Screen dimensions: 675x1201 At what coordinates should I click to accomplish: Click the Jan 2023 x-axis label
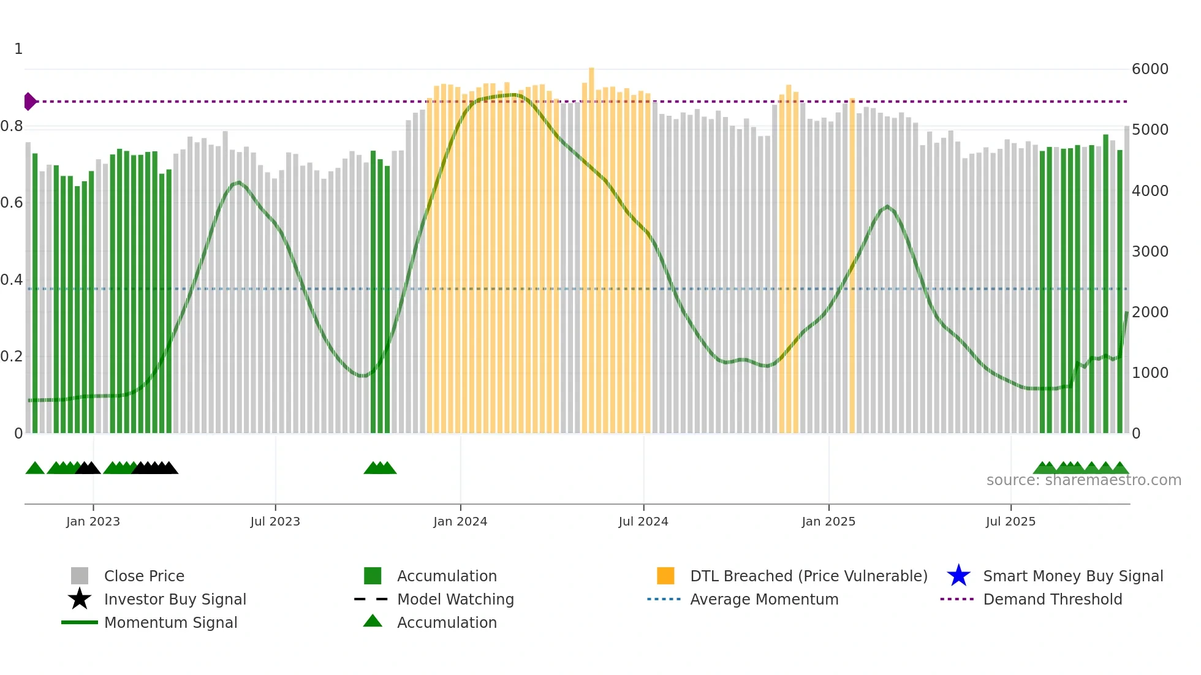93,521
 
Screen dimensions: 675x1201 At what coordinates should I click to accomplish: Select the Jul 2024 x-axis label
643,521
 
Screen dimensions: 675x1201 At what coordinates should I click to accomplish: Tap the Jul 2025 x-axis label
1010,521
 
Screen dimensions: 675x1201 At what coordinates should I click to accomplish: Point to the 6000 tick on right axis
1150,69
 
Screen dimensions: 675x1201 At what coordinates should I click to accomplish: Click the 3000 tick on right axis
1150,251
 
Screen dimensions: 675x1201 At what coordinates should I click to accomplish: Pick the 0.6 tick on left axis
12,203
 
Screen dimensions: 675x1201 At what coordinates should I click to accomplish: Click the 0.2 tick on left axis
12,356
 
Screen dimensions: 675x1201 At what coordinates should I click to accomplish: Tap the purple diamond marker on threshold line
30,101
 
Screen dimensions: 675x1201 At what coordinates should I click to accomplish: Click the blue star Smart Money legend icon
958,576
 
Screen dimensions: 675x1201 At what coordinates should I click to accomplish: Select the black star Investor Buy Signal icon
80,599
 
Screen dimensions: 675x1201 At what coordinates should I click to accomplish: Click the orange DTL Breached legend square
665,576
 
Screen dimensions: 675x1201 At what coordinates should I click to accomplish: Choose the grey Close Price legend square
80,576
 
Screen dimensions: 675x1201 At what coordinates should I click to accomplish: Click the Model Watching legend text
455,599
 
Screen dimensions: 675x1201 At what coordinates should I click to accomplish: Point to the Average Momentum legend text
764,599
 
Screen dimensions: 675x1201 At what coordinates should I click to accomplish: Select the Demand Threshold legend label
1052,599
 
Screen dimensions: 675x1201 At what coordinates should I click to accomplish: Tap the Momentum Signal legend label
170,622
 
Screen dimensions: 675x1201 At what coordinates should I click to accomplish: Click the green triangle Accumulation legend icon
373,621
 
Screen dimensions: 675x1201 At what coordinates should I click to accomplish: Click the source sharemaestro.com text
1083,480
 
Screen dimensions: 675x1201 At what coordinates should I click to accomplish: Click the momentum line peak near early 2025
887,206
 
